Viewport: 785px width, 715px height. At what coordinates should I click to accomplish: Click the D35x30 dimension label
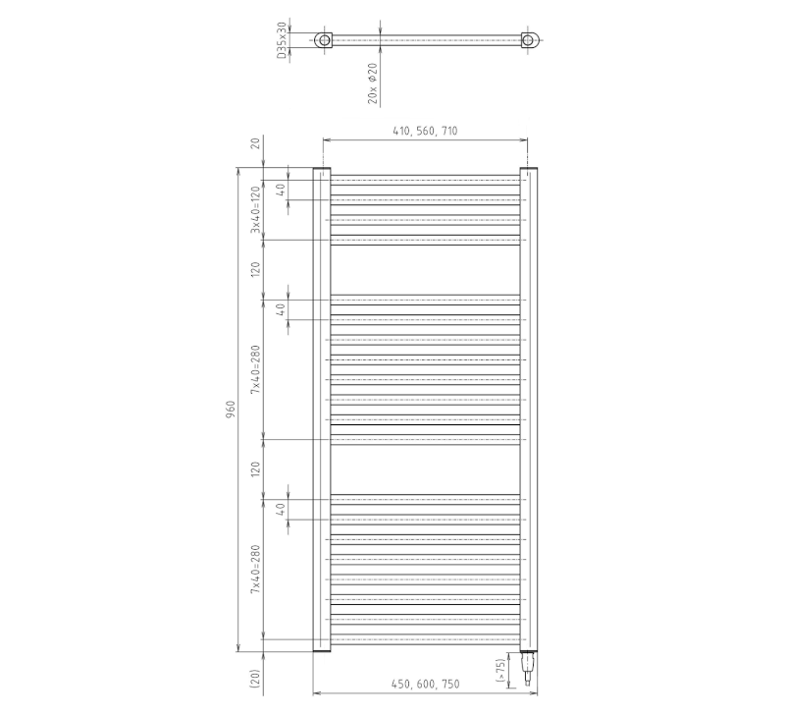click(282, 41)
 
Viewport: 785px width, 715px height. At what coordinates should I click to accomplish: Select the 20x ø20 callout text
click(373, 82)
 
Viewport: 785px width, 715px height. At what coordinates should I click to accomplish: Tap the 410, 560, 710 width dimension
click(425, 131)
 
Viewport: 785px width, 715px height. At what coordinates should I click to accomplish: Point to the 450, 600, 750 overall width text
click(425, 684)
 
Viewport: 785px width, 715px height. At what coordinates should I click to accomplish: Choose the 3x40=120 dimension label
click(255, 208)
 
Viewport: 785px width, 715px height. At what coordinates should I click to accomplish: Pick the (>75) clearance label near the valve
click(500, 669)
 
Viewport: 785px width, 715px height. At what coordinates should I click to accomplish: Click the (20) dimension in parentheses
click(255, 678)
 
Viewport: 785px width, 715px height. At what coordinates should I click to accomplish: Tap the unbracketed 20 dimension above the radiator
click(255, 143)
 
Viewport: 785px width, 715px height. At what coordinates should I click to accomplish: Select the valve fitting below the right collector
click(527, 668)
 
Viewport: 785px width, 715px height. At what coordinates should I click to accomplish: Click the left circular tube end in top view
click(323, 40)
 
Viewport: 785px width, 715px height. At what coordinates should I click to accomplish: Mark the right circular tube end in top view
click(529, 40)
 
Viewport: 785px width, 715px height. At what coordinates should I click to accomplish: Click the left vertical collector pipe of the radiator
click(322, 409)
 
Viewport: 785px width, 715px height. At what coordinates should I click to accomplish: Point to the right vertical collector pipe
click(528, 409)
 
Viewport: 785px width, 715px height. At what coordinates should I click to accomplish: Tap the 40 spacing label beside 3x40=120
click(281, 191)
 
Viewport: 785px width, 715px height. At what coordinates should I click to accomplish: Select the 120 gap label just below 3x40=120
click(255, 270)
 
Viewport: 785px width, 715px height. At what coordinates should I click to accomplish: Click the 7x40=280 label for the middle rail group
click(255, 369)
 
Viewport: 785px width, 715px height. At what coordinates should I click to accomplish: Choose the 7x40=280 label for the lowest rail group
click(255, 569)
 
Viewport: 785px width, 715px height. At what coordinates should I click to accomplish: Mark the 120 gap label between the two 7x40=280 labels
click(255, 468)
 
